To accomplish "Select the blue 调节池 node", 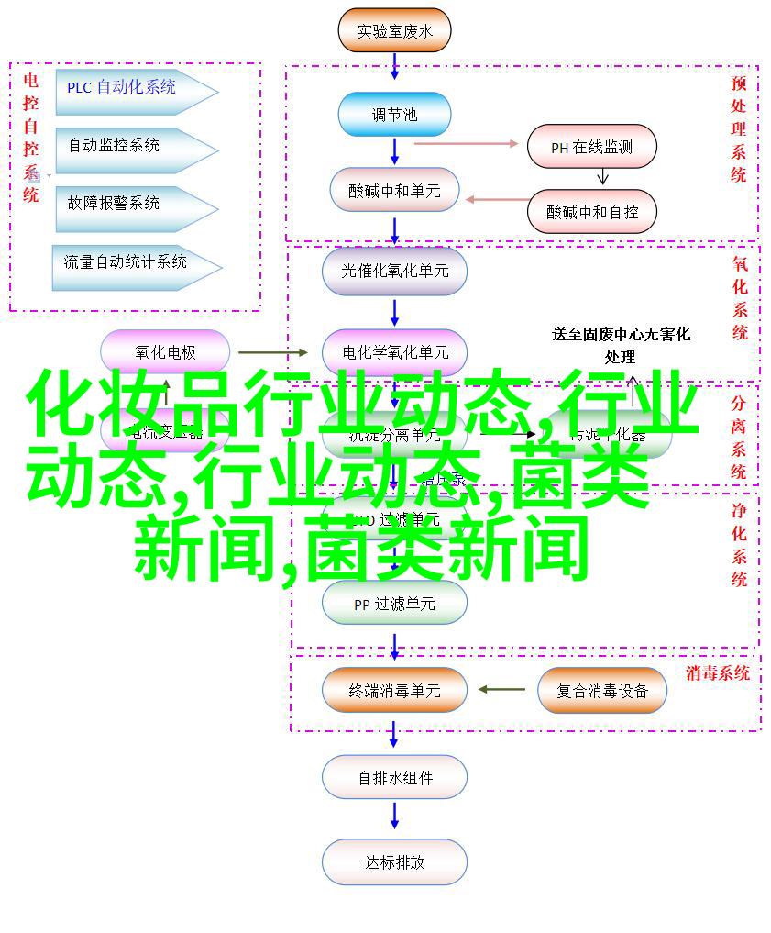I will point(394,115).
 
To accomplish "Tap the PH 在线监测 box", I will point(591,147).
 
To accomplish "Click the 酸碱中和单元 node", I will point(394,191).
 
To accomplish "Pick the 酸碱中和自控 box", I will point(591,211).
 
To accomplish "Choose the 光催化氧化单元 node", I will point(394,271).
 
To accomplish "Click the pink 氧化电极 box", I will point(165,351).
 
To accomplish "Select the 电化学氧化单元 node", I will point(394,351).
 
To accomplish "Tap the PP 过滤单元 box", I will point(394,605).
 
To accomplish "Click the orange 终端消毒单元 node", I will point(394,690).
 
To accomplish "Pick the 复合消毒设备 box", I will point(601,690).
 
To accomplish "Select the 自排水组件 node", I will point(394,778).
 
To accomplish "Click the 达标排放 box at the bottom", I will point(394,862).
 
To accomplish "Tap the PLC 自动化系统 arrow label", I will point(128,88).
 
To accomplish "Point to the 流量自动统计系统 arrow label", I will point(128,262).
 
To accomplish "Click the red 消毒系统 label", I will point(717,672).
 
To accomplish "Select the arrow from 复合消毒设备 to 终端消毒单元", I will point(501,690).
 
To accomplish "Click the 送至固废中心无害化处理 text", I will point(621,345).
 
